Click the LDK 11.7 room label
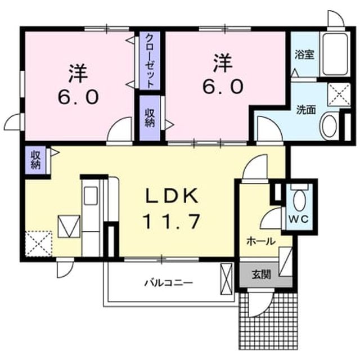171,208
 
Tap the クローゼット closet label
150,61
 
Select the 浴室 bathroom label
304,55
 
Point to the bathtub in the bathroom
335,54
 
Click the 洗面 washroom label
306,110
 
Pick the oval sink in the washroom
330,126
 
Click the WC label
299,219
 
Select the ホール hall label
261,241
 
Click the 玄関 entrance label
261,274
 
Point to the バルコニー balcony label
169,283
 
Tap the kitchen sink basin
91,196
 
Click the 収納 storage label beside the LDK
35,160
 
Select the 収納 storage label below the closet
150,118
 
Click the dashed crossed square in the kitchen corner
39,244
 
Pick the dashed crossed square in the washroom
339,94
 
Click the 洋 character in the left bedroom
78,73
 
